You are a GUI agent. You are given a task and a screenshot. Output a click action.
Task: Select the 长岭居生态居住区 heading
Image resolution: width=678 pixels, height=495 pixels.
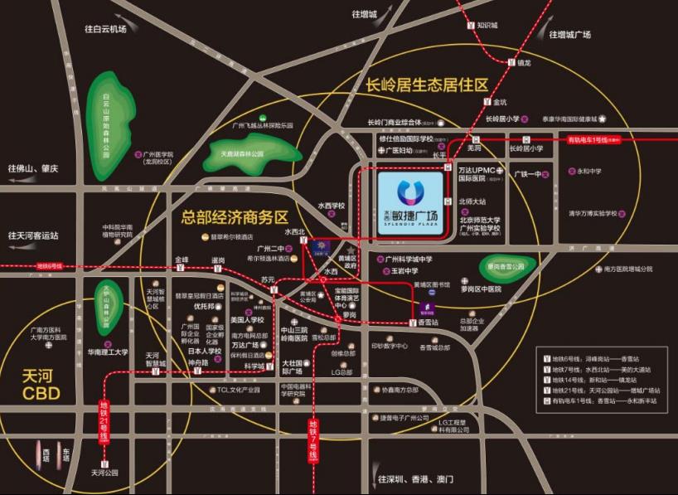pos(428,85)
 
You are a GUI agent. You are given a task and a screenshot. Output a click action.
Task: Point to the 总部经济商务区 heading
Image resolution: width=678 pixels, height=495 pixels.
pos(235,217)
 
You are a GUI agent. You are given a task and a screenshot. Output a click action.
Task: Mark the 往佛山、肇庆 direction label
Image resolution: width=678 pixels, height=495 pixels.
pos(34,168)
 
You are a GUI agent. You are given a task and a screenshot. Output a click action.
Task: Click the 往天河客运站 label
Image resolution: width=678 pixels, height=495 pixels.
pos(34,235)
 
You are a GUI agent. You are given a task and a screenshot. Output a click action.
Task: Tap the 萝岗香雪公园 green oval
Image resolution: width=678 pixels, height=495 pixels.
pos(506,266)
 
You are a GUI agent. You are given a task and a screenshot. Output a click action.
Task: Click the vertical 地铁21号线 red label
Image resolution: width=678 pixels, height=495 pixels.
pos(104,420)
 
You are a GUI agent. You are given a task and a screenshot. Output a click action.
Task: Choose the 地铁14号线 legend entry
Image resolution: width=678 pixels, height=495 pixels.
pos(601,379)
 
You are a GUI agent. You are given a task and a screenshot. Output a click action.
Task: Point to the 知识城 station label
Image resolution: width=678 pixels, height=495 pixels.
pos(492,25)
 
